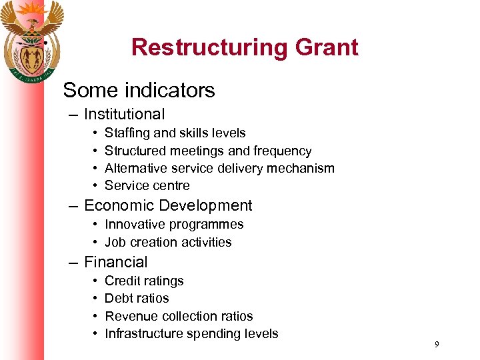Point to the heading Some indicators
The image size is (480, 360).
[x=139, y=90]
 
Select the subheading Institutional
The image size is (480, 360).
[x=124, y=115]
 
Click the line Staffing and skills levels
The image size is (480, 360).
[x=175, y=133]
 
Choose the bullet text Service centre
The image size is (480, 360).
[x=147, y=185]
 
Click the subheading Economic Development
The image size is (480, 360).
[x=168, y=206]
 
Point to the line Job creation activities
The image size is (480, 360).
[x=168, y=242]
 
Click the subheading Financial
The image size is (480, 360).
[x=115, y=263]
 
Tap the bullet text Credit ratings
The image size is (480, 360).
[x=144, y=281]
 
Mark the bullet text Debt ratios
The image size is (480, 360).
[x=137, y=298]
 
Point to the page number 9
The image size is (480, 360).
[x=436, y=345]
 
